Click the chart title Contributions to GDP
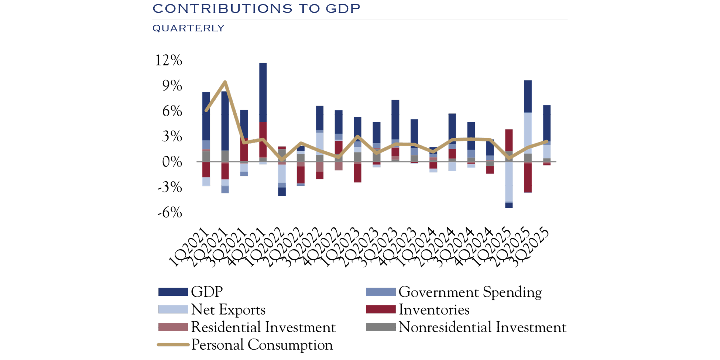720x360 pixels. (256, 9)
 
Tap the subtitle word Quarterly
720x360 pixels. (188, 28)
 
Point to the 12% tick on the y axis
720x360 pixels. (169, 61)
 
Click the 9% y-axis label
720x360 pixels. (172, 86)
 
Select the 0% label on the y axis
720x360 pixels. (172, 162)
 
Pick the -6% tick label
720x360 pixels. (170, 213)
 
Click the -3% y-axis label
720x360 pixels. (170, 188)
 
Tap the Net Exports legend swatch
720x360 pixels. (173, 309)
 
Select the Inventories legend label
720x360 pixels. (434, 310)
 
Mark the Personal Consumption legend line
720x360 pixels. (173, 345)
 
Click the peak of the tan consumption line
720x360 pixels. (225, 82)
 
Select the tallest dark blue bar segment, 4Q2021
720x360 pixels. (263, 92)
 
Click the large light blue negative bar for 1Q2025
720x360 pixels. (509, 182)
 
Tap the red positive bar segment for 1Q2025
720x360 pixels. (509, 140)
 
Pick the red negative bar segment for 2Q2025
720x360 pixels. (528, 178)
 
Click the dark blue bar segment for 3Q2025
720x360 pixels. (547, 123)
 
